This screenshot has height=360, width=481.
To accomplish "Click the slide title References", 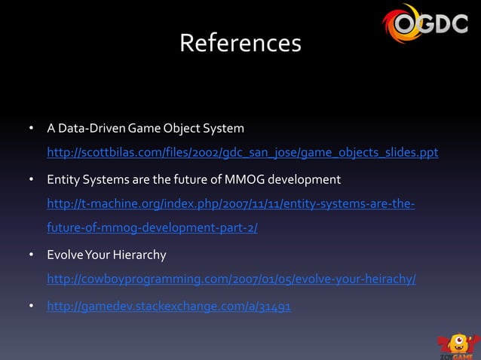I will (240, 44).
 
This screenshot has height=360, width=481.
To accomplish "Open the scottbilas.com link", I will (242, 154).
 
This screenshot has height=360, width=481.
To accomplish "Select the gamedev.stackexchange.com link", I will (170, 307).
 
